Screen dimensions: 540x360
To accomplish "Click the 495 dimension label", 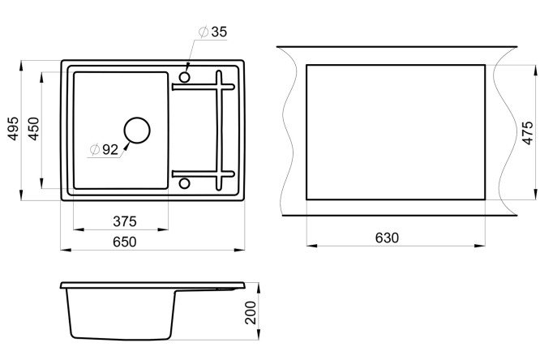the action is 13,128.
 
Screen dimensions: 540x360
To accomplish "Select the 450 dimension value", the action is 34,129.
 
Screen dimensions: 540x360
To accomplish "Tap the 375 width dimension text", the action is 125,221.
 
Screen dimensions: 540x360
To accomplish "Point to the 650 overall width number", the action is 125,242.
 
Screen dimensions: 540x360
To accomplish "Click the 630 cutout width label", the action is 387,238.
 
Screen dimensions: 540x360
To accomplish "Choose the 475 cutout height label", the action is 527,133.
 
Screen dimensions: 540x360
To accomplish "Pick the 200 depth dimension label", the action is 251,313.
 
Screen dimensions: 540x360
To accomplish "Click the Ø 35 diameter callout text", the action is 213,32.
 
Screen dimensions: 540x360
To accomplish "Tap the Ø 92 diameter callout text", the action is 104,149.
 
